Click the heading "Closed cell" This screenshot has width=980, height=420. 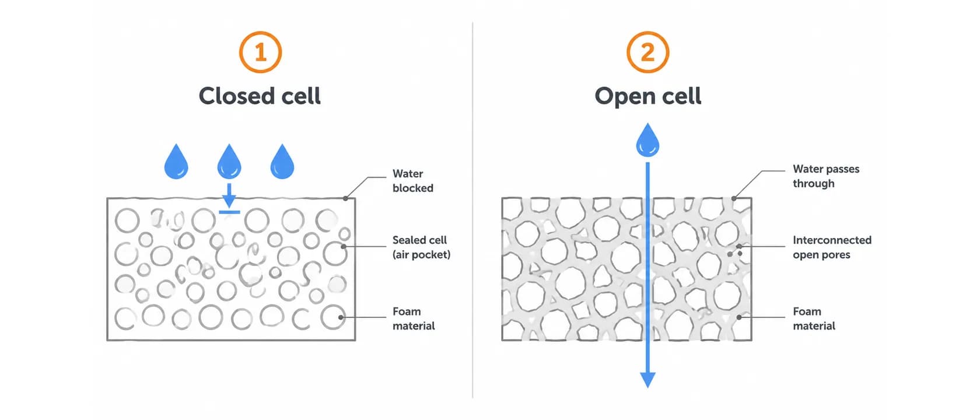260,96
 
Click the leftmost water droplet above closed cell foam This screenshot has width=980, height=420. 176,162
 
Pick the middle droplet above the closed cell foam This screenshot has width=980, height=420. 229,162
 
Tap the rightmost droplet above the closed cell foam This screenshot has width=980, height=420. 282,162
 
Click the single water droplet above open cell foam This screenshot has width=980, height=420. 647,141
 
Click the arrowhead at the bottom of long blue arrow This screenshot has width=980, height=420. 647,380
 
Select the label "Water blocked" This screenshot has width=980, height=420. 412,181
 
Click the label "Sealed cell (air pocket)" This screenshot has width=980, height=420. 421,247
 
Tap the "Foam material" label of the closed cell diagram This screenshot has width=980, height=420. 414,318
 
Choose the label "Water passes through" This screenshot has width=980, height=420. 826,176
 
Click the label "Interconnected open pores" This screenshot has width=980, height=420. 832,247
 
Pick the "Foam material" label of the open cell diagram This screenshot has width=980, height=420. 814,318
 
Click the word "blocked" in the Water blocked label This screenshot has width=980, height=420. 412,188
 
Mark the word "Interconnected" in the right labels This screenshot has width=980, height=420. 832,240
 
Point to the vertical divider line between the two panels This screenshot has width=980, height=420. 473,210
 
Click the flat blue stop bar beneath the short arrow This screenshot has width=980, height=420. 229,212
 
